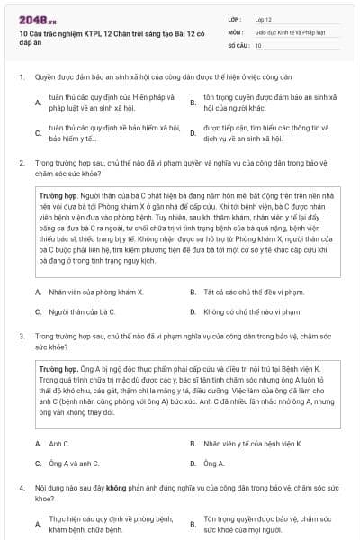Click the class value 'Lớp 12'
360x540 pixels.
coord(263,17)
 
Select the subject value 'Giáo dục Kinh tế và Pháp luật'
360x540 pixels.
coord(286,31)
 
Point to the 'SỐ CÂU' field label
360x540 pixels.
coord(238,44)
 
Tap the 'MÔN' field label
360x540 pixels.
coord(235,31)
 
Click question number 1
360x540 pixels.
coord(21,77)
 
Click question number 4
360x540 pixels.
coord(21,487)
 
